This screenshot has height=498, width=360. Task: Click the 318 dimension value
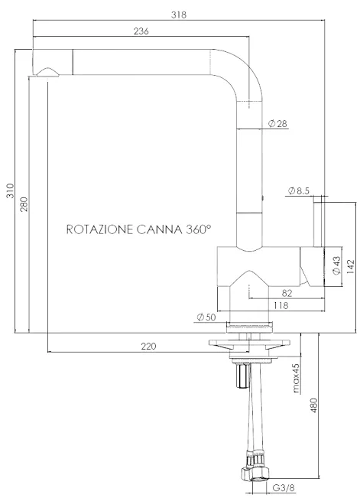(x=179, y=15)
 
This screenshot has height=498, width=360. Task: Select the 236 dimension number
(x=141, y=31)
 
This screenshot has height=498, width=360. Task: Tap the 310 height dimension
(x=11, y=190)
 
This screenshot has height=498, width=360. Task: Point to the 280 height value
(x=24, y=204)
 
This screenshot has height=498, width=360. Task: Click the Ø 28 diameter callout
(x=277, y=124)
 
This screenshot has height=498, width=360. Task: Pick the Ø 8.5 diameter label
(x=298, y=190)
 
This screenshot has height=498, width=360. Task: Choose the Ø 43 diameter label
(x=336, y=265)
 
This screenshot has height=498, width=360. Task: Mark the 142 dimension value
(x=350, y=267)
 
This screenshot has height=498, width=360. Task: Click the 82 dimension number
(x=287, y=293)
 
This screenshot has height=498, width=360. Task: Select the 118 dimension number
(x=281, y=305)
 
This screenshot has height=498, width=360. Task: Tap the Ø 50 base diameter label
(x=206, y=317)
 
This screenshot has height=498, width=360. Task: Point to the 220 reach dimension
(x=149, y=346)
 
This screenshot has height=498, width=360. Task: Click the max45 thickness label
(x=296, y=378)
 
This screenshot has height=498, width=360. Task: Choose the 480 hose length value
(x=313, y=405)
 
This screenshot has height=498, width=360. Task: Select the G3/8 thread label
(x=284, y=487)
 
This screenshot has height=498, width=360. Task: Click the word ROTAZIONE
(x=99, y=229)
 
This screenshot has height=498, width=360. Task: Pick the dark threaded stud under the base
(x=242, y=376)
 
